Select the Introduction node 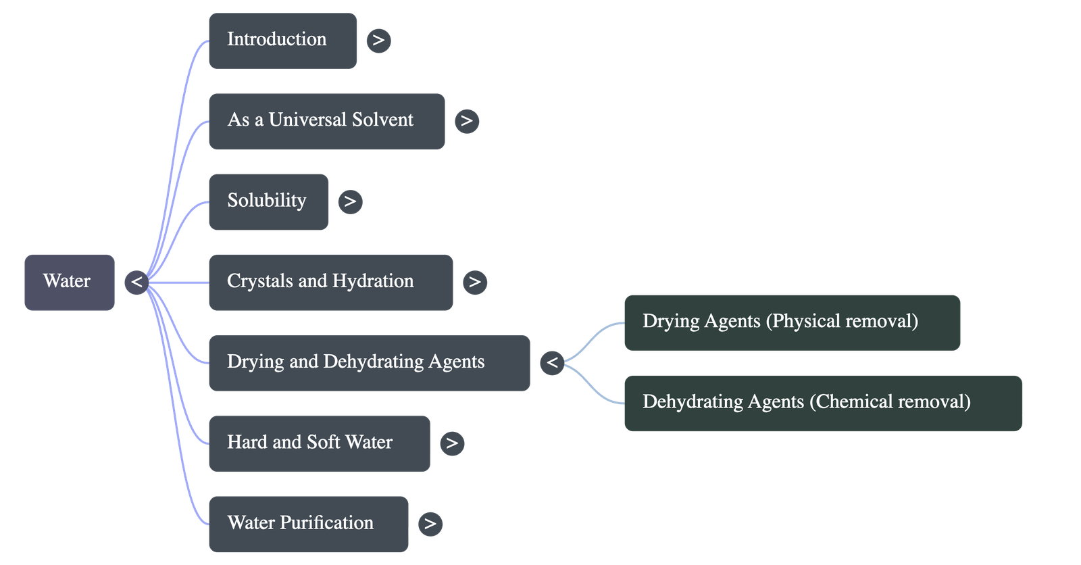[x=282, y=41]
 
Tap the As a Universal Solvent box [x=326, y=121]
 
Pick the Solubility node [x=268, y=201]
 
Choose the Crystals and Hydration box [x=330, y=282]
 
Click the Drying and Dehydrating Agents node [x=369, y=362]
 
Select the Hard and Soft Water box [x=319, y=443]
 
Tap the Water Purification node [x=308, y=523]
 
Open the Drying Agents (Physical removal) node [x=791, y=322]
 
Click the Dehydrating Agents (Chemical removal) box [x=822, y=403]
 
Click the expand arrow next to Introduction [x=378, y=41]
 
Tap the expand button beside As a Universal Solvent [x=466, y=121]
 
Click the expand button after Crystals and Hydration [x=474, y=282]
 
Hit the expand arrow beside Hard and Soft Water [x=451, y=443]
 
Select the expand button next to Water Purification [x=430, y=524]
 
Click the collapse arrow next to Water [x=136, y=282]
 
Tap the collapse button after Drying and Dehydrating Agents [x=552, y=363]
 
